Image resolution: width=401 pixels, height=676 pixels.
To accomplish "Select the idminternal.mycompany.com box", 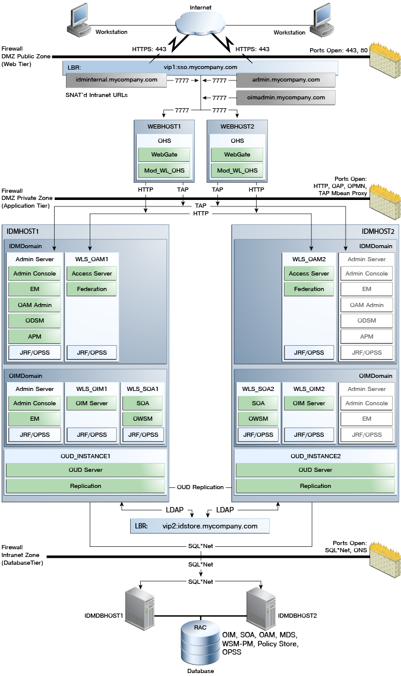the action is pos(116,80).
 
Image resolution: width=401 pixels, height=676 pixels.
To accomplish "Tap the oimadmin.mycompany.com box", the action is pos(286,98).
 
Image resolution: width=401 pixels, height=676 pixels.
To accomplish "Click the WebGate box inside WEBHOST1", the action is pos(164,155).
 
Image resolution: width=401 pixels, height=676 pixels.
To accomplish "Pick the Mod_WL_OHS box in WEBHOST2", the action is pos(237,170).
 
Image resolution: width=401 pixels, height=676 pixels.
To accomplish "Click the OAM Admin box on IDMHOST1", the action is pos(34,305).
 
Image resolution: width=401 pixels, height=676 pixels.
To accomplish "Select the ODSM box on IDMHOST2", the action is pos(367,320).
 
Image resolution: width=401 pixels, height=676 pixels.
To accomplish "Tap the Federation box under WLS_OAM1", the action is pos(91,289).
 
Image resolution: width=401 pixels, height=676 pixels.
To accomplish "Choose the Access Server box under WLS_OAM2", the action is pos(309,273).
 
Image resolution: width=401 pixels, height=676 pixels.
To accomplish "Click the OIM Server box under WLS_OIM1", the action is pos(91,403).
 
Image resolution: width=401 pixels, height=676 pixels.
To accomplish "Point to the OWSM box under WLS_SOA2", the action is pos(258,418).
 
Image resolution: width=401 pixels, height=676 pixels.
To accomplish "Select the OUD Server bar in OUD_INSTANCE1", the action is pos(85,470).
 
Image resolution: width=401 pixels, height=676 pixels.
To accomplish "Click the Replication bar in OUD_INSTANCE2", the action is pos(315,486).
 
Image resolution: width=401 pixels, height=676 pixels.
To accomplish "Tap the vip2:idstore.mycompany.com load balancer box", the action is pos(200,526).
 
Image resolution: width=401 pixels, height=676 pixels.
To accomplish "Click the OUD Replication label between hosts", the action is pos(200,487).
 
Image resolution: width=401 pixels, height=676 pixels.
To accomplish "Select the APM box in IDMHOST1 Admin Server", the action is pos(34,336).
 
